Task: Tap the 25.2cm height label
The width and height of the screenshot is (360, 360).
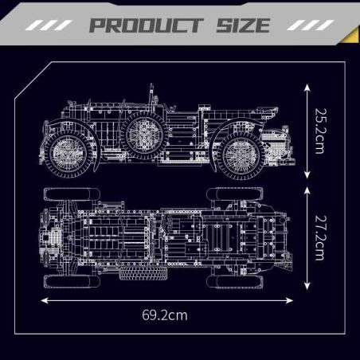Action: [320, 131]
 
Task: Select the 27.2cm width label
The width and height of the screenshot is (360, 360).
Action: [320, 237]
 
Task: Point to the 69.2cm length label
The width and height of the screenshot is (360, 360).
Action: [166, 315]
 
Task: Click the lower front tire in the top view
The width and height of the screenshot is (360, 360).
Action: [236, 280]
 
